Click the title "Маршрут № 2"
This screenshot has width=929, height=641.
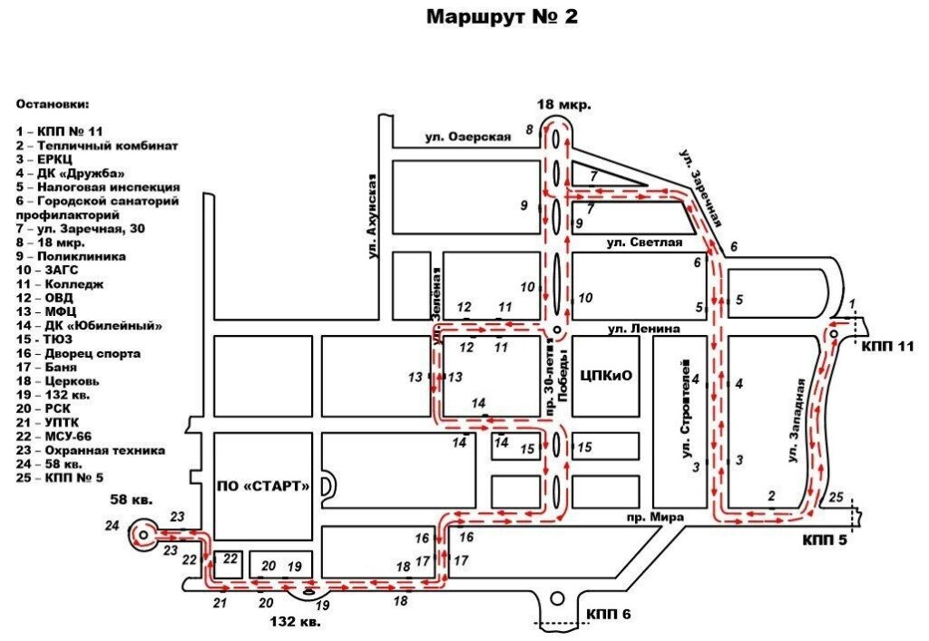click(x=502, y=16)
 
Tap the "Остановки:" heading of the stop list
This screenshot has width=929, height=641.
click(x=53, y=104)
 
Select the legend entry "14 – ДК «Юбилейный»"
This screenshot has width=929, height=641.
click(x=89, y=326)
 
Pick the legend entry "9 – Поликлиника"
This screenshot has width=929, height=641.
click(x=71, y=256)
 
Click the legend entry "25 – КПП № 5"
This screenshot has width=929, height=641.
click(x=60, y=478)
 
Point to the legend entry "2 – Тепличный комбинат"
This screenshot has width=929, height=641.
click(x=97, y=145)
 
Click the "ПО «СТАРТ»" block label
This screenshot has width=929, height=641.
click(x=263, y=487)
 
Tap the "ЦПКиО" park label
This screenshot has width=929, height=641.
click(x=606, y=375)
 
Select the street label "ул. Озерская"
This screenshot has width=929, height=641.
click(x=468, y=137)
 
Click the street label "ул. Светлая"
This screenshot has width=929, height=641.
click(x=645, y=242)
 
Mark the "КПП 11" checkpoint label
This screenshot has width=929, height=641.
click(x=887, y=346)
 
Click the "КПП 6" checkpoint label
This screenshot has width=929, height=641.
click(x=609, y=615)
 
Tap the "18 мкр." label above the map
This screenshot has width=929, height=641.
click(x=564, y=105)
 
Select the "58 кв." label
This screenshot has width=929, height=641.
click(x=132, y=499)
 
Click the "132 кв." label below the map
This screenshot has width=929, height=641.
click(x=295, y=622)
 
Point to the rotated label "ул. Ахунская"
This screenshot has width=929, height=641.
click(x=372, y=216)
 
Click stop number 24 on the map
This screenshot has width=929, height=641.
click(x=112, y=526)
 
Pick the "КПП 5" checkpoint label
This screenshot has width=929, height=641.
click(x=826, y=540)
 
